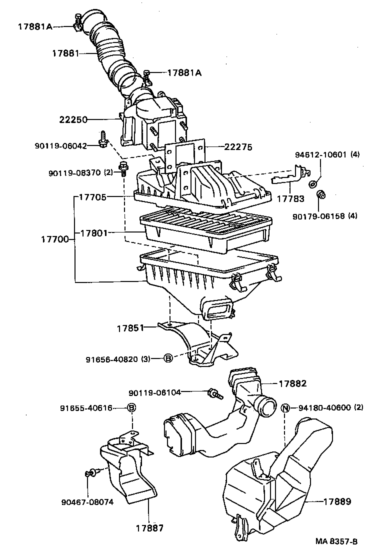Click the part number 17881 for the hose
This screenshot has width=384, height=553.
click(66, 52)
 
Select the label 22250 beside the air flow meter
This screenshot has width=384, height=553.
click(73, 120)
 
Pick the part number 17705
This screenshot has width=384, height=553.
click(92, 197)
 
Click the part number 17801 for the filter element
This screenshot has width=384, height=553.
click(92, 232)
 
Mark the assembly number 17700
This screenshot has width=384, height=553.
click(54, 240)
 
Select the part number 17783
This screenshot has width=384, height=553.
click(290, 198)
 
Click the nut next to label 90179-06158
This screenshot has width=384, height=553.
click(321, 194)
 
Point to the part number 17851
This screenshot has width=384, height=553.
click(130, 328)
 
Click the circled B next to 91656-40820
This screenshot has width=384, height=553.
click(168, 357)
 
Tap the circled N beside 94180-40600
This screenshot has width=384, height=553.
click(285, 407)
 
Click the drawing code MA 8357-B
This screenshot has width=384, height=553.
click(336, 541)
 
